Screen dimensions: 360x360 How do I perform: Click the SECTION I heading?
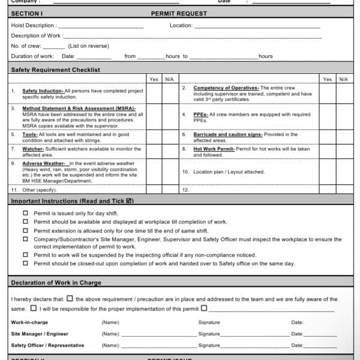[x=27, y=13]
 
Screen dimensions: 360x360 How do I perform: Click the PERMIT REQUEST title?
[x=179, y=13]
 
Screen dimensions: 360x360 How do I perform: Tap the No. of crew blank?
[x=54, y=46]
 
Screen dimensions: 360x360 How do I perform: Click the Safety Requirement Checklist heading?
[x=56, y=70]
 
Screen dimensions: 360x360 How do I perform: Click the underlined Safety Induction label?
[x=43, y=91]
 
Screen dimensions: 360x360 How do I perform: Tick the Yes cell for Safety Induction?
[x=154, y=94]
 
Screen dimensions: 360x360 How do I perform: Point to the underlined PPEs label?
[x=200, y=114]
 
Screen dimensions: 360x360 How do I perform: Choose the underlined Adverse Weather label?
[x=44, y=163]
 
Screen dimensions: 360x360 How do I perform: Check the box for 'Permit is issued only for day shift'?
[x=25, y=213]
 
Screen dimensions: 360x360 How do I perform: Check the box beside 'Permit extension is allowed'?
[x=25, y=230]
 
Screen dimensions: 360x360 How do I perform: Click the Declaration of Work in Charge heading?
[x=56, y=283]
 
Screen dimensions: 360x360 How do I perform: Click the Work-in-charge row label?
[x=30, y=323]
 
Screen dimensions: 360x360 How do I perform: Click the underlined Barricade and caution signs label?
[x=228, y=134]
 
